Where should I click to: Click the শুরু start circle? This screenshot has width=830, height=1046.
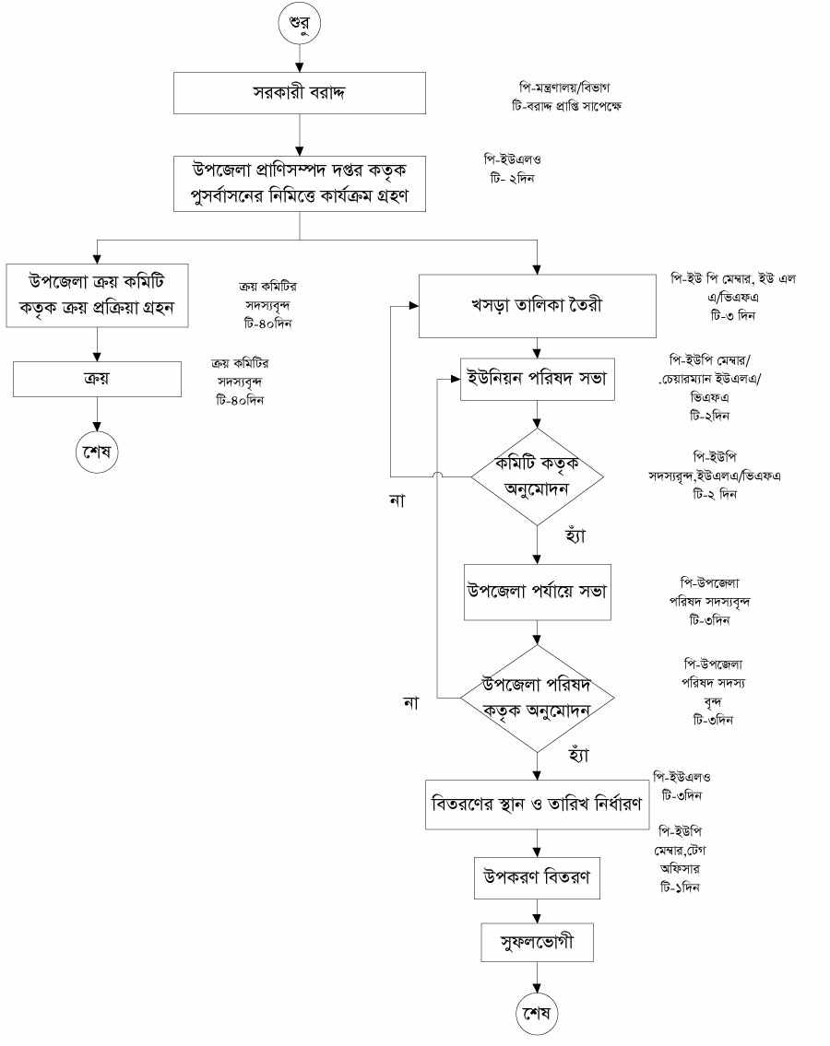coord(301,24)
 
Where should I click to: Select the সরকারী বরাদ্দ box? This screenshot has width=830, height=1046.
coord(300,92)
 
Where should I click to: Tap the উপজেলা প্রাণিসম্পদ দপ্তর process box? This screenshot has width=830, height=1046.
coord(300,182)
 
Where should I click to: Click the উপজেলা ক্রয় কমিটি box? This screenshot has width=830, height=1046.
coord(97,296)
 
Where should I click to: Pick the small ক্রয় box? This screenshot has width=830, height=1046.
coord(97,378)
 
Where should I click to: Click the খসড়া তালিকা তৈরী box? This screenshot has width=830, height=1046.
coord(537,306)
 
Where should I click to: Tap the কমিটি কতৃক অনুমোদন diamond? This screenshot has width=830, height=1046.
coord(537,476)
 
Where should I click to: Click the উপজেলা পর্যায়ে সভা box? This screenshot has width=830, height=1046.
coord(537,590)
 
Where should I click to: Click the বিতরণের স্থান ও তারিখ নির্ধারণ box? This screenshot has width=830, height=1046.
coord(537,803)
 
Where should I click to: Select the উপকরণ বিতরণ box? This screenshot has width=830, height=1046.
coord(537,878)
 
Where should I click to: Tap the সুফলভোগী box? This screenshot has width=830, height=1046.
coord(537,943)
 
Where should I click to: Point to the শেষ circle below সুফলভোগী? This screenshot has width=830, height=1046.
coord(537,1015)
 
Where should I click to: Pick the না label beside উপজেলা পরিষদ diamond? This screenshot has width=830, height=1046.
coord(410,703)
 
